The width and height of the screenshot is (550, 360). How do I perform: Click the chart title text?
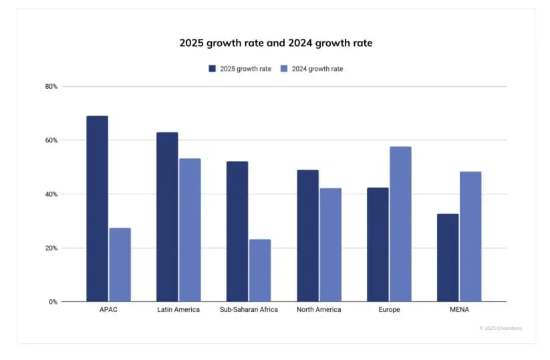[x=275, y=43]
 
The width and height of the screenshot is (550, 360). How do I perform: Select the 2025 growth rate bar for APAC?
[x=97, y=208]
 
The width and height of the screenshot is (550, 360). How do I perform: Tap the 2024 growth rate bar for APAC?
[x=120, y=264]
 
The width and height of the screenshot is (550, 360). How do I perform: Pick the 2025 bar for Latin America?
[x=167, y=216]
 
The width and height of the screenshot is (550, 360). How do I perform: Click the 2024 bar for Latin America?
[x=190, y=230]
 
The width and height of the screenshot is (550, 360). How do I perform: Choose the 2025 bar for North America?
[x=307, y=235]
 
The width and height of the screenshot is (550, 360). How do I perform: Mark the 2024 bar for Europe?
[x=400, y=224]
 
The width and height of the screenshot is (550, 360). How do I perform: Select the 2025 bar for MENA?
[x=448, y=257]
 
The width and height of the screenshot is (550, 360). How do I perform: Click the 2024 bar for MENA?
[x=470, y=236]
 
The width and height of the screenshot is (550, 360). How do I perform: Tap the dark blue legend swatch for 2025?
[x=213, y=69]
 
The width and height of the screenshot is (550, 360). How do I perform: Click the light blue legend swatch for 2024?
[x=284, y=69]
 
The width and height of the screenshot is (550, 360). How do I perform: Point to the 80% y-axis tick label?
[x=51, y=87]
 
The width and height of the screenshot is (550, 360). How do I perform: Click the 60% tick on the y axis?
[x=51, y=140]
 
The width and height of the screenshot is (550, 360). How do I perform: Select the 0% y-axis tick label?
[x=53, y=302]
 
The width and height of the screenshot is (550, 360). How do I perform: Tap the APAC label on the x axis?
[x=108, y=310]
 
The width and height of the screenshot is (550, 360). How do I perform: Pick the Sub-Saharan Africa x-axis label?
[x=249, y=310]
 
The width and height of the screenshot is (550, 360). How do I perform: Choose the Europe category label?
[x=389, y=310]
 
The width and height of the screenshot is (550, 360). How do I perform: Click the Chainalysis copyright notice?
[x=500, y=328]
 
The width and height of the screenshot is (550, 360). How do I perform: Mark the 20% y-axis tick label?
[x=51, y=248]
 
